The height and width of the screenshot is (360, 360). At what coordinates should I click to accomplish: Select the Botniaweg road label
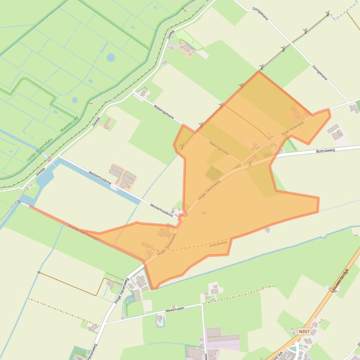326,151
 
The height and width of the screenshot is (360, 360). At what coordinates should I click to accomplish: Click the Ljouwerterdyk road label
340,281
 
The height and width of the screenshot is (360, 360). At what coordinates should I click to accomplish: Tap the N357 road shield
304,331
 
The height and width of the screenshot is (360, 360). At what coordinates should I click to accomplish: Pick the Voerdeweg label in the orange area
218,244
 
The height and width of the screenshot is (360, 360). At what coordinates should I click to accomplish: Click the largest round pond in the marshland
111,58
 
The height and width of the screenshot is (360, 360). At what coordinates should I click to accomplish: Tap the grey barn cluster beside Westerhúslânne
123,175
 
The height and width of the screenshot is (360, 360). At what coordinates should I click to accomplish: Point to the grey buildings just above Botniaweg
335,132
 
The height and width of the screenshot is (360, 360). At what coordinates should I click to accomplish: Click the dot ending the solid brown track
39,272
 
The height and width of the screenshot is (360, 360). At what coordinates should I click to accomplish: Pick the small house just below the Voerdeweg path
267,230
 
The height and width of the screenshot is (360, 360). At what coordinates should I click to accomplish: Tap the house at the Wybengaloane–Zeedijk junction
144,92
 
